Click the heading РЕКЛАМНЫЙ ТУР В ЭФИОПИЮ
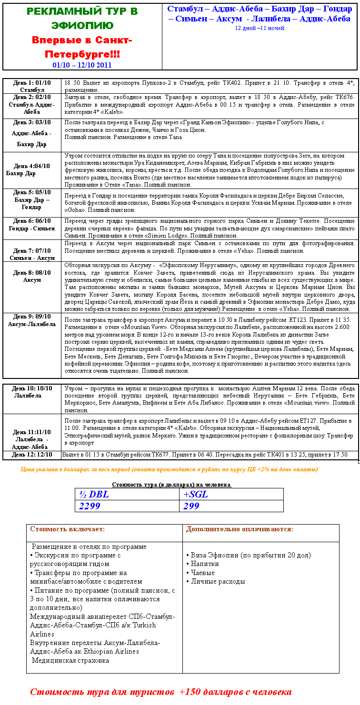[82, 18]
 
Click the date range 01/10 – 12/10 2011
[82, 65]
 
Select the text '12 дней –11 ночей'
[260, 28]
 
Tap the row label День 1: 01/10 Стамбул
[32, 86]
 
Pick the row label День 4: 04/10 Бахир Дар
[31, 170]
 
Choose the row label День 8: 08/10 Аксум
[31, 277]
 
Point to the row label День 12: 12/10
[32, 455]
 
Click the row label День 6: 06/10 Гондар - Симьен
[32, 224]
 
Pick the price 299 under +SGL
[191, 506]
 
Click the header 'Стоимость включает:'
[67, 529]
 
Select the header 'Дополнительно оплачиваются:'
[240, 529]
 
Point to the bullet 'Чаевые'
[202, 573]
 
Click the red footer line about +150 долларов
[160, 692]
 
